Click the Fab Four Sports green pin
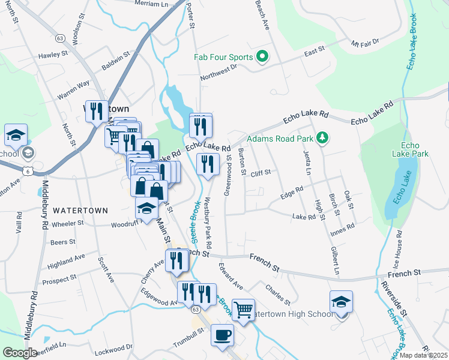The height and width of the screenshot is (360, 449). click(262, 58)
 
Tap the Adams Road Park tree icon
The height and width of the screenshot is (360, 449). click(323, 139)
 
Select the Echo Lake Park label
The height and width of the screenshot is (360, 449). click(414, 149)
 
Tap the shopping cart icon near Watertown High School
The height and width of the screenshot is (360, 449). click(243, 310)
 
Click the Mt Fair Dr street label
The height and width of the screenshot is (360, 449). click(366, 43)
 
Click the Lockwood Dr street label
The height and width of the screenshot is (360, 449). click(113, 347)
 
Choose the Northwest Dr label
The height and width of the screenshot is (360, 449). click(219, 72)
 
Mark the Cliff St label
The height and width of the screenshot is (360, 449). click(261, 172)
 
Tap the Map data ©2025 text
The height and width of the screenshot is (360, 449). click(423, 355)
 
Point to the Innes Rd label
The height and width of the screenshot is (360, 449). click(342, 227)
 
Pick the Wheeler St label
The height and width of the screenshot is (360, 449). click(68, 223)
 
